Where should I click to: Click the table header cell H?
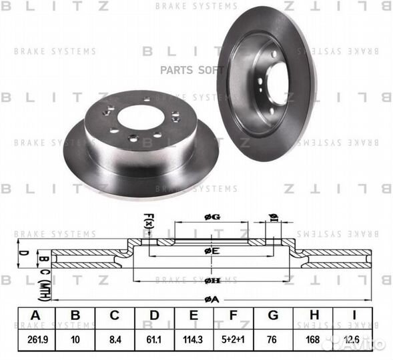click(312, 316)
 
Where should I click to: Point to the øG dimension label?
click(212, 216)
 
